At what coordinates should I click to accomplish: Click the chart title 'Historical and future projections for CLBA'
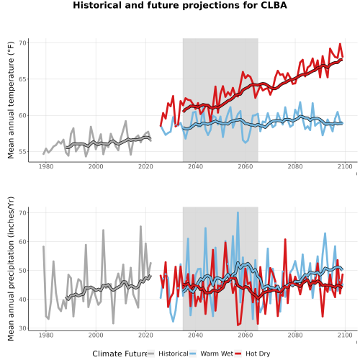coord(180,5)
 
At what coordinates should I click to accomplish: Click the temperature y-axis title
coord(11,100)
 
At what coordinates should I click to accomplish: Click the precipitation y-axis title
coord(11,269)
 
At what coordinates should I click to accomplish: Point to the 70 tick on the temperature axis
coord(22,43)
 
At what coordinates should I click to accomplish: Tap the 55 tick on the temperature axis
coord(22,152)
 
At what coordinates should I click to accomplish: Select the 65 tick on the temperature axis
coord(22,79)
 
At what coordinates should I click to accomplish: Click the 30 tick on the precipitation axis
coord(22,328)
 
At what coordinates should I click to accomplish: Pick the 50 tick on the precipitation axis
coord(22,271)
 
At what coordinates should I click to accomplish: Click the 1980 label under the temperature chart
coord(46,166)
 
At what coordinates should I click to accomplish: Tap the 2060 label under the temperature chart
coord(246,166)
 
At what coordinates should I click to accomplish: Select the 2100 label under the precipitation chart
coord(345,335)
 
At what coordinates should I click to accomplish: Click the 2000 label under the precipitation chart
coord(96,335)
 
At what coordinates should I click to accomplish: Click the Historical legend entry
coord(168,354)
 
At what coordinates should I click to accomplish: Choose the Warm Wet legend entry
coord(211,354)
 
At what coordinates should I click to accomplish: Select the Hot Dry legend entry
coord(253,354)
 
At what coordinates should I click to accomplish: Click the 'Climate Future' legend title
coord(120,354)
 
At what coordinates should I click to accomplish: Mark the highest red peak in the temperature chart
coord(340,44)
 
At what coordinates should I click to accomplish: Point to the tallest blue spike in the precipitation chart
coord(238,212)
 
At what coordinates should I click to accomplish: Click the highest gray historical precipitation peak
coord(140,226)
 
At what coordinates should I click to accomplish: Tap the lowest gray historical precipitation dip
coord(113,323)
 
